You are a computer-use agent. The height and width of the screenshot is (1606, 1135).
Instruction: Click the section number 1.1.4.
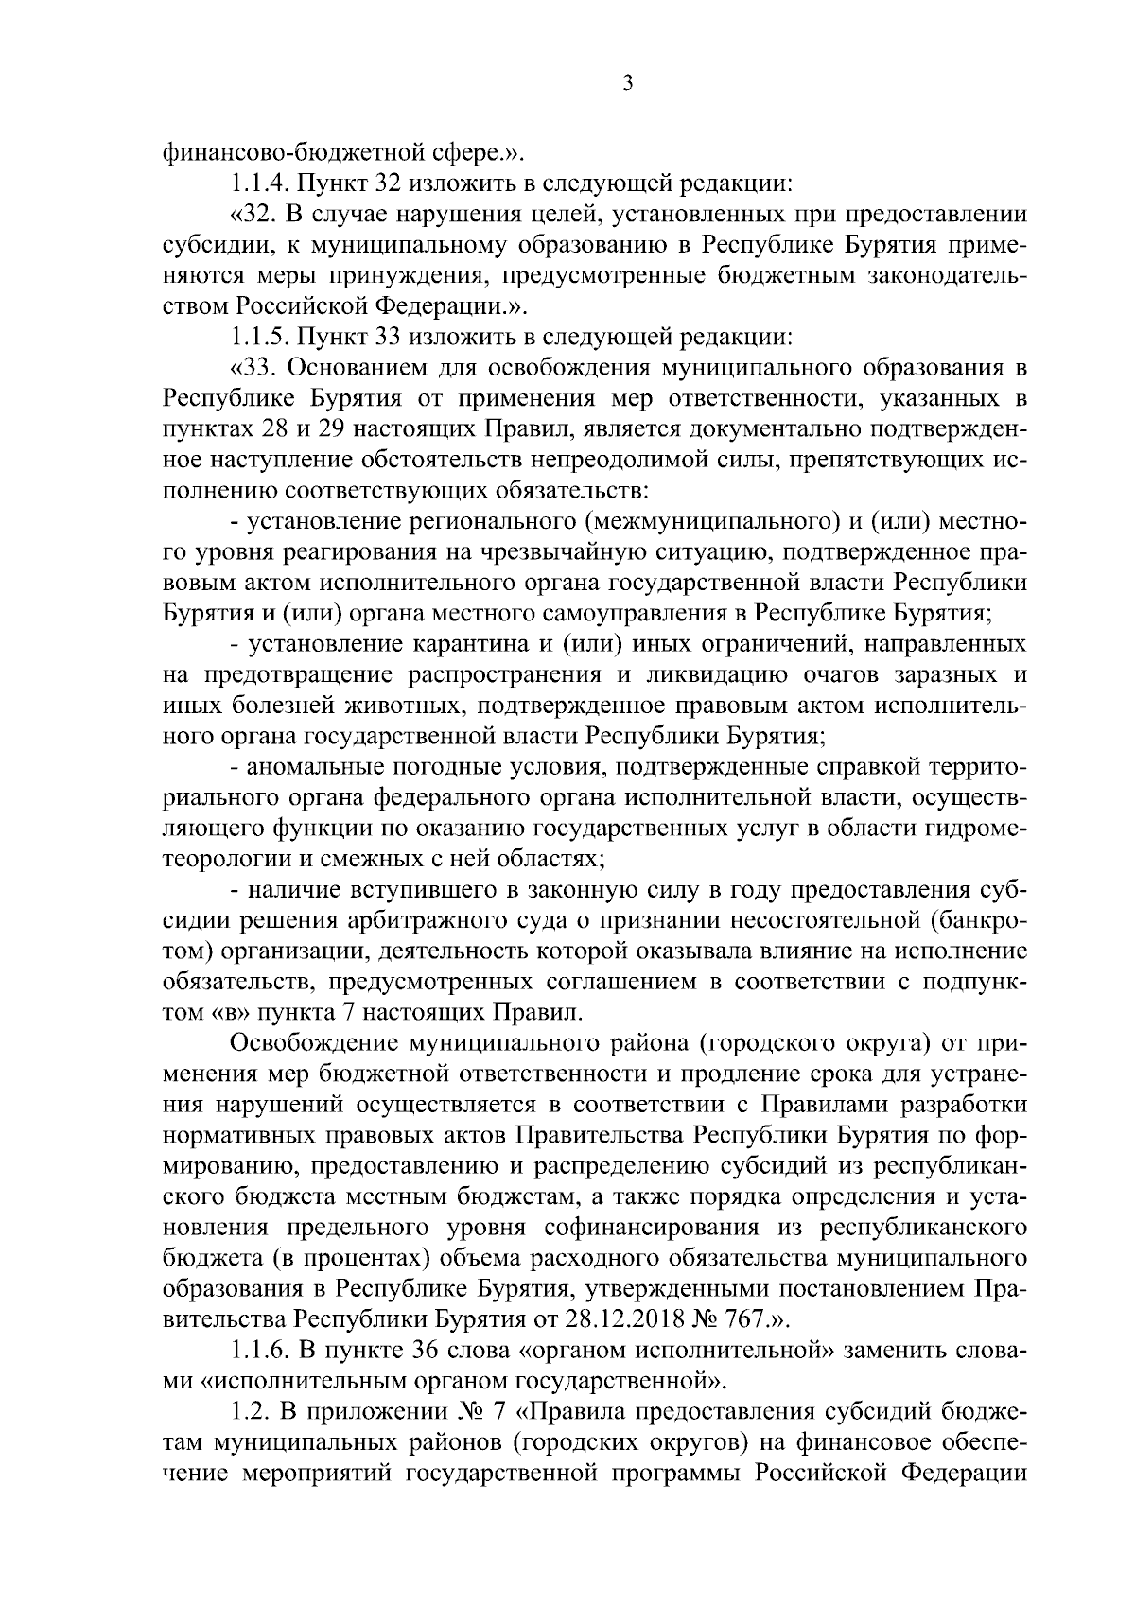[261, 183]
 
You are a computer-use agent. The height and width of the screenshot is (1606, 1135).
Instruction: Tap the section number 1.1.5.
[261, 336]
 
